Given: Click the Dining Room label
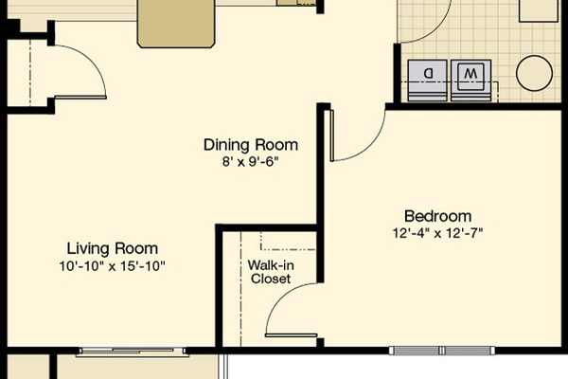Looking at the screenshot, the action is coord(251,145).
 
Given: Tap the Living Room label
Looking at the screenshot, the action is coord(113,249).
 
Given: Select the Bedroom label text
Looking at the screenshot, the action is coord(438,217).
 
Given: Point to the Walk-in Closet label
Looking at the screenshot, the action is coord(271,272).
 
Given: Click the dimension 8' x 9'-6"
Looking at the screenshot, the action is coord(251,162).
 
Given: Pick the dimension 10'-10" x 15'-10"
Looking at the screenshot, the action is coord(113,266).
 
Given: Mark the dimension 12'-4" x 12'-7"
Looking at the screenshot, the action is coord(438,233).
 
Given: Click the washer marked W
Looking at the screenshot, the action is coord(470,81).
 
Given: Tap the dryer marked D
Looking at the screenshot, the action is coord(428,81).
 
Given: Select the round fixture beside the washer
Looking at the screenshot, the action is coord(534,73).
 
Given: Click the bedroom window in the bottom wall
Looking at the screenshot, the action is coord(442,351).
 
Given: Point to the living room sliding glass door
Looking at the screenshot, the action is coord(133,352).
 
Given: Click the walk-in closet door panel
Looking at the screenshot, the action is coord(292,335).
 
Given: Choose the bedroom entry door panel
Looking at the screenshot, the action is coord(332,135).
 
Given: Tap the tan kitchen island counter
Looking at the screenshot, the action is coord(176,23).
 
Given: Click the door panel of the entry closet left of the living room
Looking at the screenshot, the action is coord(80,98).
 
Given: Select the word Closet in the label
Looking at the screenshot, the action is coord(271,279).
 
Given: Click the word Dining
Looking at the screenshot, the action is coord(225,145).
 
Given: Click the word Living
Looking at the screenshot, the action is coord(88,249).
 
